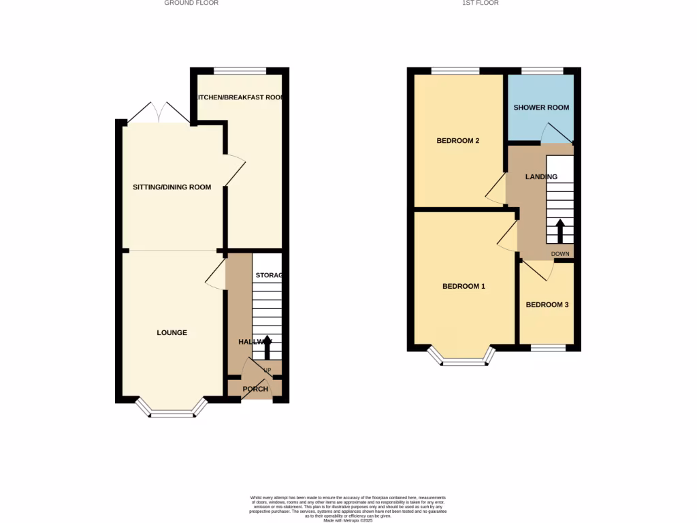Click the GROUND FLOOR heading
[x=191, y=3]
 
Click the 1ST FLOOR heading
[x=481, y=3]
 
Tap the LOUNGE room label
[x=172, y=333]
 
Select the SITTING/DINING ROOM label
[x=172, y=187]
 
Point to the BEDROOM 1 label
[x=464, y=287]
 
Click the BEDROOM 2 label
[x=458, y=141]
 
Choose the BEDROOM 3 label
[x=547, y=305]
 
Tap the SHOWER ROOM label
[x=541, y=108]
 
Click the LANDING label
[x=541, y=177]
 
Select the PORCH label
[x=256, y=390]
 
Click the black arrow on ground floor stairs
[x=267, y=346]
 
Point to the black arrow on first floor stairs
[x=560, y=230]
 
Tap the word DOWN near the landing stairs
[x=560, y=254]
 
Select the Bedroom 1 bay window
[x=463, y=362]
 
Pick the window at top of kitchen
[x=240, y=71]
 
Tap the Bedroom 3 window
[x=548, y=349]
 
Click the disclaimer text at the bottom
[x=348, y=508]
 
